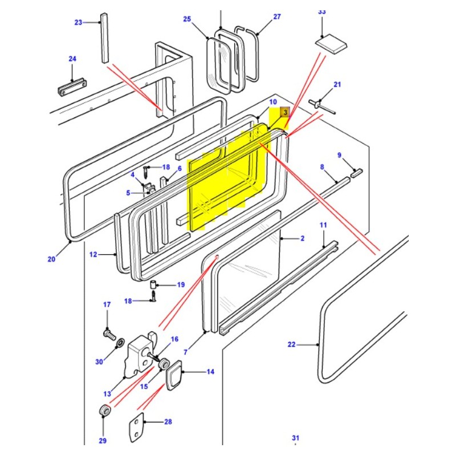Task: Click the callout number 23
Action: (x=78, y=23)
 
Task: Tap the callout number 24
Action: (x=72, y=59)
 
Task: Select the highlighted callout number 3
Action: (x=285, y=113)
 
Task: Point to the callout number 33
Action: (x=322, y=11)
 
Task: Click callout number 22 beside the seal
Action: (x=292, y=344)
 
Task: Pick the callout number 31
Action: (x=295, y=438)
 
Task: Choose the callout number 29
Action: (x=103, y=441)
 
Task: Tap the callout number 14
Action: (x=210, y=372)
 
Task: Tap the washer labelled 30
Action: (x=120, y=344)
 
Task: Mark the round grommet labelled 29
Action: (x=104, y=410)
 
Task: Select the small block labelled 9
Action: (x=356, y=173)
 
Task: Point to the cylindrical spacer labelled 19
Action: (x=153, y=284)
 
